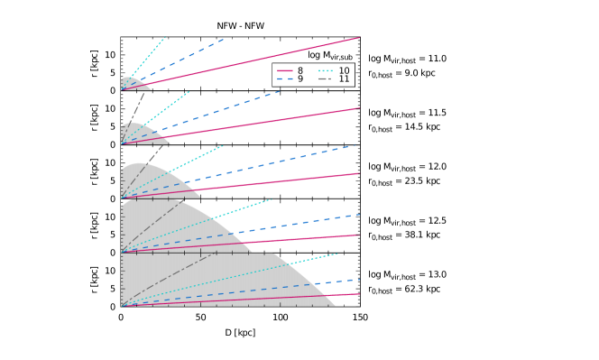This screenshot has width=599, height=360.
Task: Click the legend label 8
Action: pos(299,70)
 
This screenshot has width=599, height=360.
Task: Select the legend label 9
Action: pos(299,79)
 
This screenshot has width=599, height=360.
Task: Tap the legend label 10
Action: pos(344,70)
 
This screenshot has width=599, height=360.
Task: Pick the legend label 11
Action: pos(344,79)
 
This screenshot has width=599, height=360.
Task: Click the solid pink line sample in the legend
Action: pos(284,70)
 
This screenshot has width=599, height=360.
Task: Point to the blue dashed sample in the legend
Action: pos(284,79)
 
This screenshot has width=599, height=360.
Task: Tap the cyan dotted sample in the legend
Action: pos(326,70)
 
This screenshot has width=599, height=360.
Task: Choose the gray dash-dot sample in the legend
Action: pos(326,79)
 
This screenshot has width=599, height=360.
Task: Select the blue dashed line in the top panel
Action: pos(189,55)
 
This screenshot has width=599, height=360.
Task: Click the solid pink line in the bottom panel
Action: pos(271,297)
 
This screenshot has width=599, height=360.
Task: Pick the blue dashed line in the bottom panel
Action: pos(271,287)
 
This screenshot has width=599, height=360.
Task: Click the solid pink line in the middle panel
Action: pos(271,181)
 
